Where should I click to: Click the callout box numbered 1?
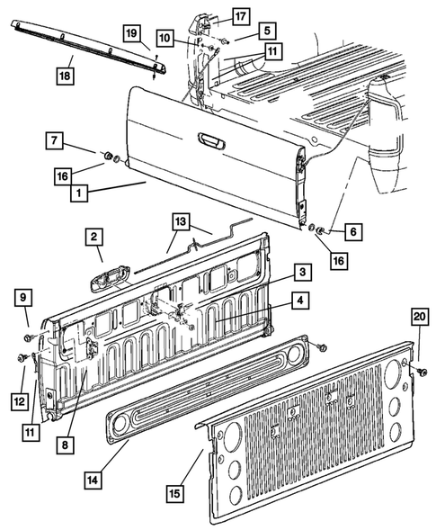(x=81, y=193)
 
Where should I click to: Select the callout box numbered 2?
(x=93, y=238)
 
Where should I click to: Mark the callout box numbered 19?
(x=131, y=35)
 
